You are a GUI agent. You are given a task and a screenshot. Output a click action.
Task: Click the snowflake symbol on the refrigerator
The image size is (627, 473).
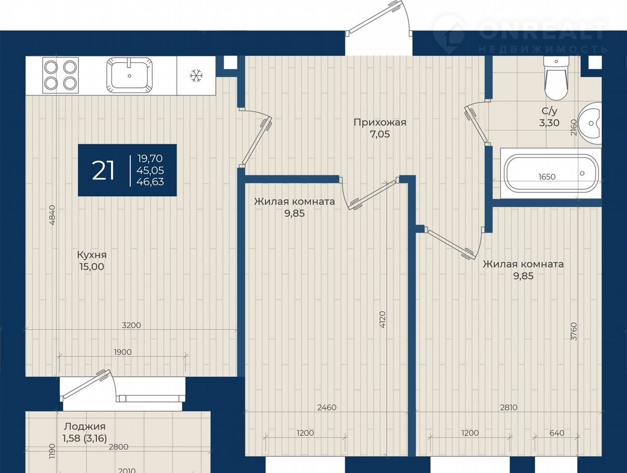point(196,75)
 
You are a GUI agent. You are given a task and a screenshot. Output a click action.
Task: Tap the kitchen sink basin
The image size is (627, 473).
point(129,75)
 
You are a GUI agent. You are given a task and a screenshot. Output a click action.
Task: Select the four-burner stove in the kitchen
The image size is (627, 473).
point(61,75)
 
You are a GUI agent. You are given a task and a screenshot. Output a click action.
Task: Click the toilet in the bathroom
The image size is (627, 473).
point(556,78)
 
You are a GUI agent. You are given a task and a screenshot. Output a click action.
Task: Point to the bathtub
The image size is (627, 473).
point(551,173)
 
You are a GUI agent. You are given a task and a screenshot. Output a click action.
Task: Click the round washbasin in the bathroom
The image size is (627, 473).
point(590,124)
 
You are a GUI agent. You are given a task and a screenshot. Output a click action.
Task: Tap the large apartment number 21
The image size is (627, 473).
point(103,170)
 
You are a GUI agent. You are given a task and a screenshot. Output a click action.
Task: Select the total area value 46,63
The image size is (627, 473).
point(150,181)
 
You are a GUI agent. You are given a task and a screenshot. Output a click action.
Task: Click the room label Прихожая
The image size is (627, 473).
point(380,122)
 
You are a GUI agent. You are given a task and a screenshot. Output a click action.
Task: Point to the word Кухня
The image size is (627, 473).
point(92,255)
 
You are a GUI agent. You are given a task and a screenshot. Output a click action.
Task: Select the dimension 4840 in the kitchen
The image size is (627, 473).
point(52,215)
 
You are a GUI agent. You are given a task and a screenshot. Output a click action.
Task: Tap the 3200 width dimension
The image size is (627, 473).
point(131,325)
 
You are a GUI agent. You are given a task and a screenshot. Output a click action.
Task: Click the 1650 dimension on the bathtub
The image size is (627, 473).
point(547,177)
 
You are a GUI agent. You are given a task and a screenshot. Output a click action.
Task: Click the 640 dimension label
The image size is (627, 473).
point(557,433)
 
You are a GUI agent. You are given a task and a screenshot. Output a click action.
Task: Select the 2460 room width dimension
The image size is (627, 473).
point(327,407)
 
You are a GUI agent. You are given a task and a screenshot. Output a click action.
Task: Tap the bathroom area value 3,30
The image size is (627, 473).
point(549,123)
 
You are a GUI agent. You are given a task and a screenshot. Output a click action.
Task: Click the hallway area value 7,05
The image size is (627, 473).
point(380,134)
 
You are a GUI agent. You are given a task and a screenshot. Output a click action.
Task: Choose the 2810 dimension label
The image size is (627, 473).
point(509,407)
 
